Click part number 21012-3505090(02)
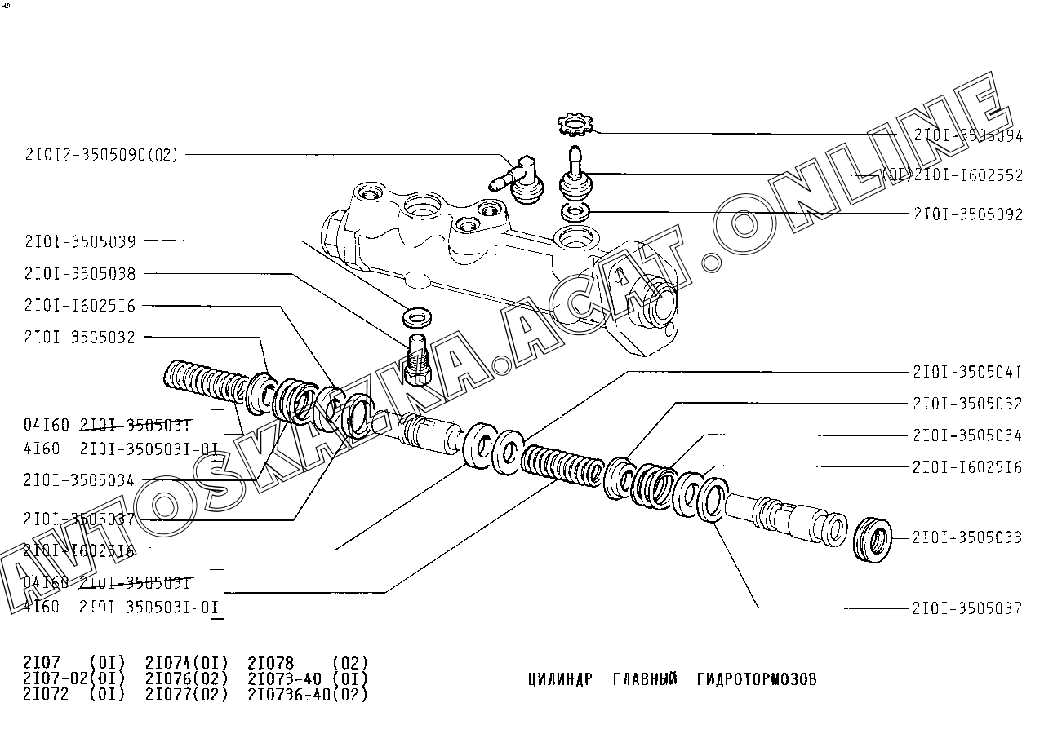click(x=101, y=155)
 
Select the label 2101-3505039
click(x=80, y=241)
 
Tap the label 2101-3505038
click(x=80, y=273)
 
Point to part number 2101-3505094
click(x=968, y=136)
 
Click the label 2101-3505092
click(x=968, y=214)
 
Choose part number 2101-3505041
click(x=968, y=373)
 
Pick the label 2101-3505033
click(x=968, y=537)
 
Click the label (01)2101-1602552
click(x=952, y=175)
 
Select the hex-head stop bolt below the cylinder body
click(x=418, y=360)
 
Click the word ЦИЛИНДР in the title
click(x=560, y=679)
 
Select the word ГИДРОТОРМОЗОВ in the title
click(x=757, y=679)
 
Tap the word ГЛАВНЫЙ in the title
click(x=645, y=679)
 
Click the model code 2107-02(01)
click(x=74, y=678)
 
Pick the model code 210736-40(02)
click(x=308, y=695)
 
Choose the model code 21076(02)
click(x=187, y=678)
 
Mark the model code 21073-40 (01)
click(x=308, y=678)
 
